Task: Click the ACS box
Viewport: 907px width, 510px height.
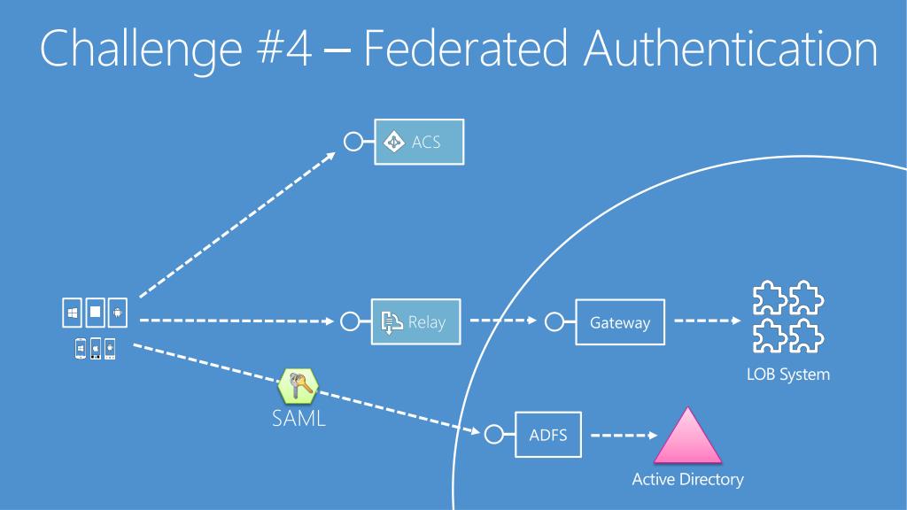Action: (x=419, y=142)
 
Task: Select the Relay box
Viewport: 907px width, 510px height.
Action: (x=416, y=322)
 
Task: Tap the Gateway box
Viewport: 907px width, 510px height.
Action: (x=619, y=322)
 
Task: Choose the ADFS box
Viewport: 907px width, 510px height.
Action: (x=548, y=435)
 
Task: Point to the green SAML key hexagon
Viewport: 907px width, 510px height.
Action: (x=298, y=385)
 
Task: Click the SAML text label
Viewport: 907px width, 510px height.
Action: (x=298, y=418)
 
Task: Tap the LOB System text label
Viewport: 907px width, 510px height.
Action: (x=787, y=375)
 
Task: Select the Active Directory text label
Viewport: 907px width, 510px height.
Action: (x=687, y=480)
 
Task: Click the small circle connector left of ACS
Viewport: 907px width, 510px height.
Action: (x=353, y=142)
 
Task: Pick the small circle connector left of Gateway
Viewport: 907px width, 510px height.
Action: (x=554, y=322)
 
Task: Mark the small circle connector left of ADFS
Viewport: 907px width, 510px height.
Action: (x=494, y=435)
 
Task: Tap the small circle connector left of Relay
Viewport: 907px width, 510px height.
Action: (x=350, y=322)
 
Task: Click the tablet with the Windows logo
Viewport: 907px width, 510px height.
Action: (x=73, y=313)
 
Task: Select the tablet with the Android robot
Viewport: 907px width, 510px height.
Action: (x=118, y=313)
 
